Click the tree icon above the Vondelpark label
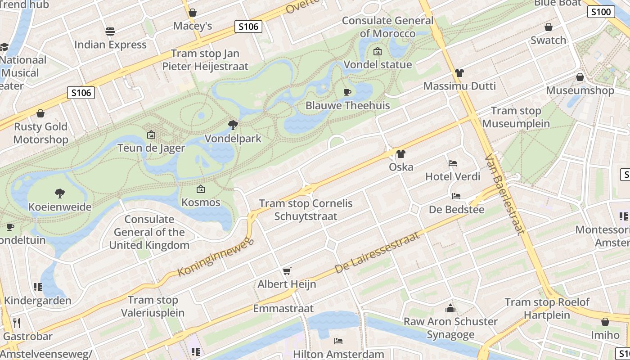click(233, 125)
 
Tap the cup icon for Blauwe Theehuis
click(347, 92)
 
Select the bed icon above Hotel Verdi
click(453, 163)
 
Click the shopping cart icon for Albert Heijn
click(287, 270)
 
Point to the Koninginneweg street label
click(216, 258)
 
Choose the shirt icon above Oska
click(400, 154)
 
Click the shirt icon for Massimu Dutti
click(459, 72)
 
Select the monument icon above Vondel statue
click(378, 51)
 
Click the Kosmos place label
click(201, 202)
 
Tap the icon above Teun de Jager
click(151, 135)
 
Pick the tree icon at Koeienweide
click(59, 193)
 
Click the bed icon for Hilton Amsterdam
click(338, 341)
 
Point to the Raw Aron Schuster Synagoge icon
click(450, 308)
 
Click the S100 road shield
click(601, 12)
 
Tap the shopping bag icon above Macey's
click(193, 13)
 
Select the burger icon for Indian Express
click(110, 31)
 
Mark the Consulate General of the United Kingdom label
click(149, 232)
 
